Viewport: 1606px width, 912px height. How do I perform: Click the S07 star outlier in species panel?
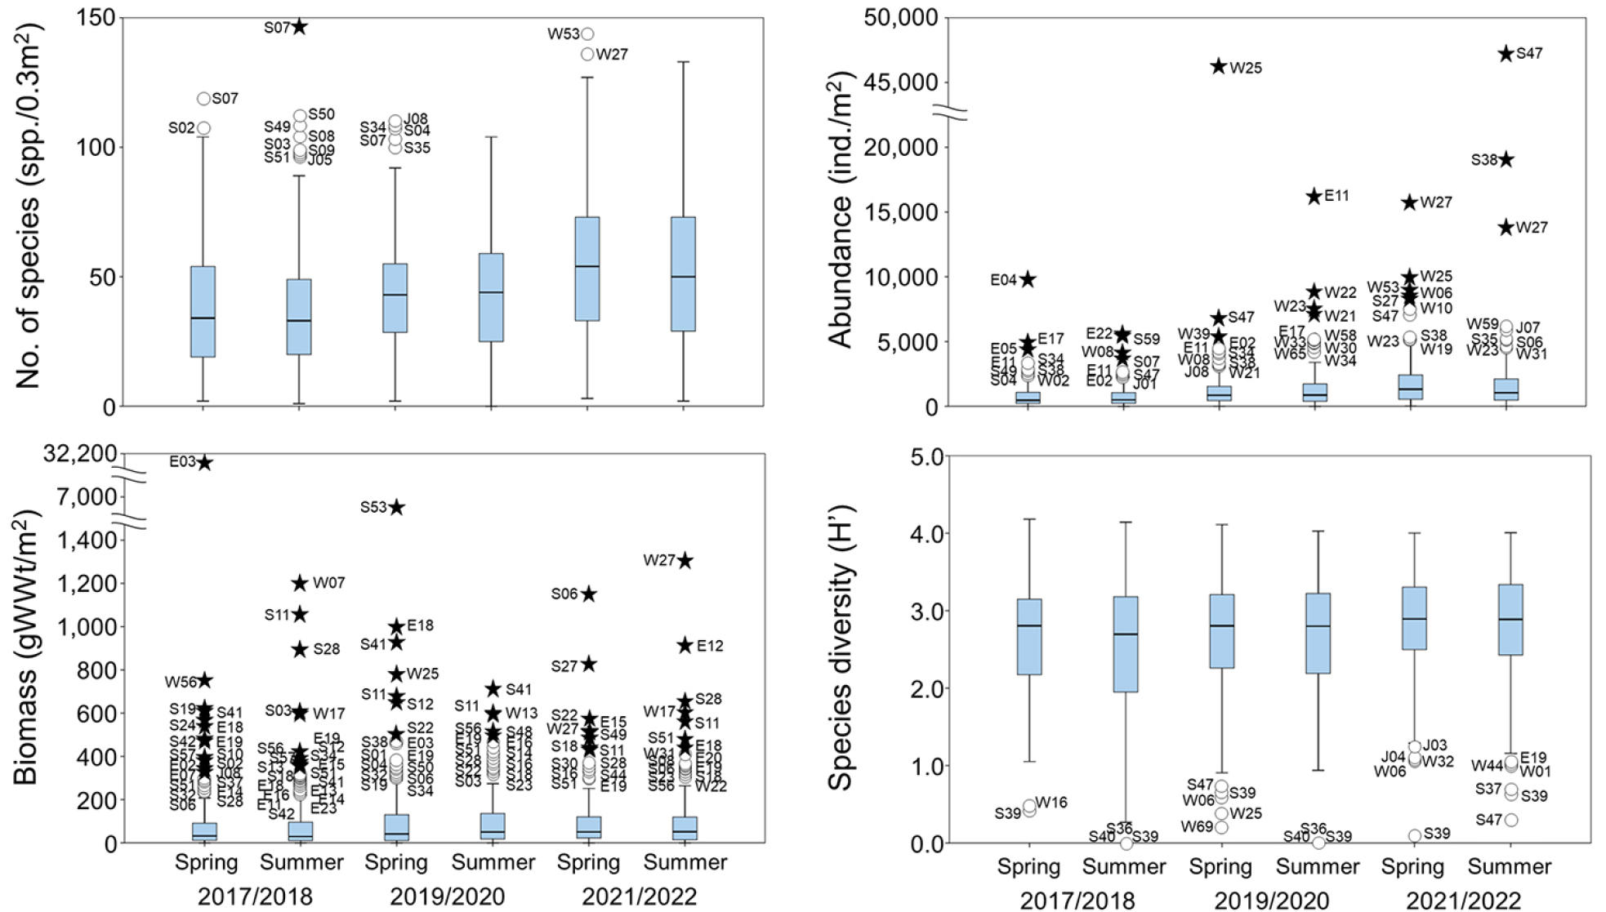click(300, 27)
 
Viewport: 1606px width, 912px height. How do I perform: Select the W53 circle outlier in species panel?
click(587, 34)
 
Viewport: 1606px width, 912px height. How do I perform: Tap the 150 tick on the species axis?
click(96, 18)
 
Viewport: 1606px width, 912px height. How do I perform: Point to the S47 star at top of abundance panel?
click(1506, 54)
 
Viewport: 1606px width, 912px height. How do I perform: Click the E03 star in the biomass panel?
click(204, 463)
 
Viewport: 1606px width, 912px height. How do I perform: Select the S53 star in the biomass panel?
click(396, 508)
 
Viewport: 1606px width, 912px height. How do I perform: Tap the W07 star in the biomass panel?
click(300, 583)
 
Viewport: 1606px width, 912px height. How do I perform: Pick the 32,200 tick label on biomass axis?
click(80, 454)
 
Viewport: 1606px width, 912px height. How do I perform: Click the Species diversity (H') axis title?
click(841, 649)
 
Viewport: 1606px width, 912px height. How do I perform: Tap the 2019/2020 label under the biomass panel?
click(447, 896)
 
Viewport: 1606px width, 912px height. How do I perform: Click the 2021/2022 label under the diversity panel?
click(1463, 901)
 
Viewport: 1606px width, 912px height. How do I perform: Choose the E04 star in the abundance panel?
click(1028, 279)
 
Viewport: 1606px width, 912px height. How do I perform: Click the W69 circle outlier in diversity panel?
click(1221, 827)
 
